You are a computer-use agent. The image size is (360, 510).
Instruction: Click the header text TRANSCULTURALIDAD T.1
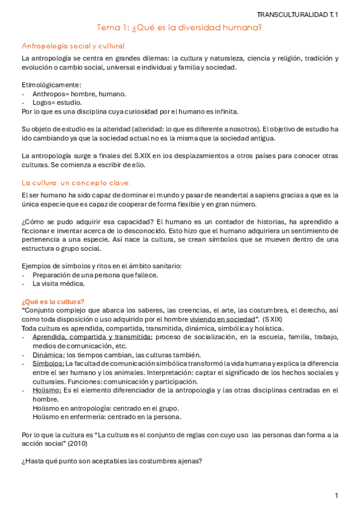297,14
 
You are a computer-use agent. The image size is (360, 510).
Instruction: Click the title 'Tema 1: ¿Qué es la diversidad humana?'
180,28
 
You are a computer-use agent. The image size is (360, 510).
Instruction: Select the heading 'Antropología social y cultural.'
74,46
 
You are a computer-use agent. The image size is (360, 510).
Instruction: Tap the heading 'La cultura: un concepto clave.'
76,182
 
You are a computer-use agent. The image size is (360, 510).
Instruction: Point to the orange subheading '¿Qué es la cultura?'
53,301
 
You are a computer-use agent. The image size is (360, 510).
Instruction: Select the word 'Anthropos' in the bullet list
49,94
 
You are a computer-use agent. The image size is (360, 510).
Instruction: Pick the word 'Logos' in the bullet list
43,102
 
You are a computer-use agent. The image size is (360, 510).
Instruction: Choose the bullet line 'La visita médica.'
59,284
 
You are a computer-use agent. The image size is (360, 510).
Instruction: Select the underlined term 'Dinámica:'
48,355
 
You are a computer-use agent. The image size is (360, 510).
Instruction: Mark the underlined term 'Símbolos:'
48,364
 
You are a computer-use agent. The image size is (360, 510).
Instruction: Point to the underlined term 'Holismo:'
47,390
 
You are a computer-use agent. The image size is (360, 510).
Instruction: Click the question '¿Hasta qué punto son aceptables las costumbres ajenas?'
111,461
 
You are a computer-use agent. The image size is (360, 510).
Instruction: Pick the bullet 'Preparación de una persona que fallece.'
96,275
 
